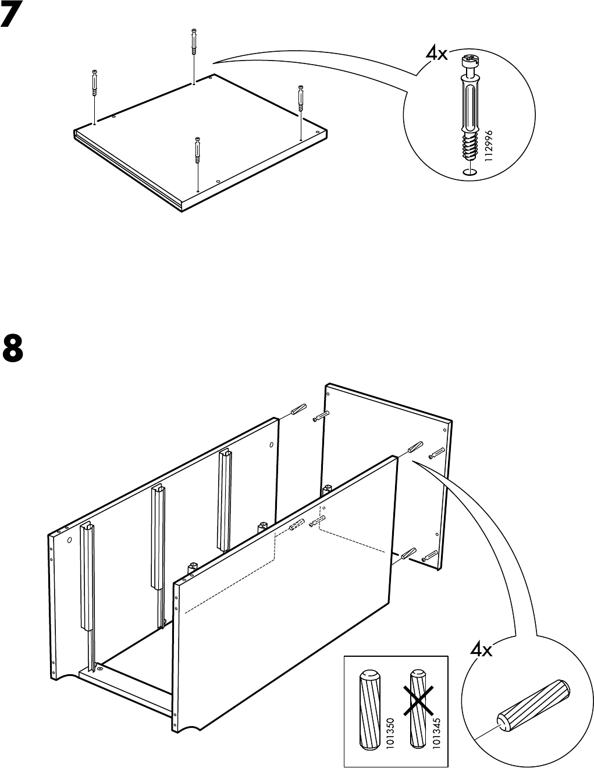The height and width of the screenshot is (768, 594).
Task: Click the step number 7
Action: tap(13, 17)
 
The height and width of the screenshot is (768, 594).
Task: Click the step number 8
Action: tap(13, 347)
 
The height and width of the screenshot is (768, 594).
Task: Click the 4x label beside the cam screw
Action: tap(436, 54)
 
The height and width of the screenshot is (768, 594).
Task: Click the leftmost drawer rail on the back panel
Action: tap(87, 576)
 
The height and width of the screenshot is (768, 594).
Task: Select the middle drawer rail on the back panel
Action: tap(158, 536)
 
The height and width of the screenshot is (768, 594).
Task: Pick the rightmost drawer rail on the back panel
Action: tap(225, 498)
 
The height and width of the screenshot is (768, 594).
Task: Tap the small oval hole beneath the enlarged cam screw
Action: tap(470, 172)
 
